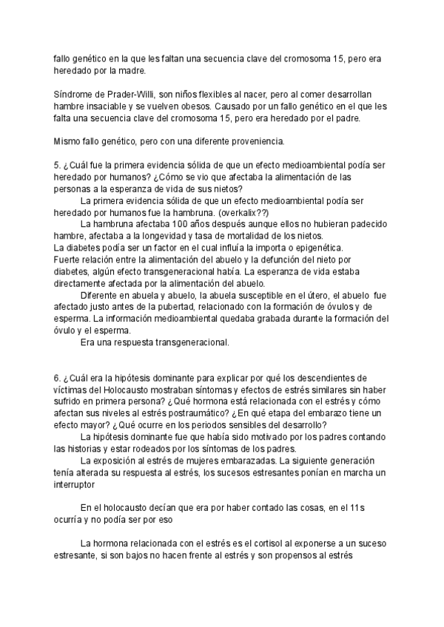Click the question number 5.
pyautogui.click(x=58, y=164)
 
